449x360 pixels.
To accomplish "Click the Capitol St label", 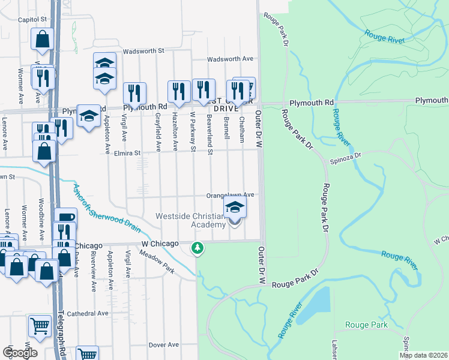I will [x=32, y=19].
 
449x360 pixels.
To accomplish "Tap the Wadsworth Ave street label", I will [x=231, y=59].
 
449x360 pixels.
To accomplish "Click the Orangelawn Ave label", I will [x=231, y=195].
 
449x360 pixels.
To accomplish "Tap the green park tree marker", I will [x=197, y=247].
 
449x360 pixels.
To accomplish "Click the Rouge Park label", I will [x=366, y=325].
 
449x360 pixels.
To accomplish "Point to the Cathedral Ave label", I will [x=87, y=313].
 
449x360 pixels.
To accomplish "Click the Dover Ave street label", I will [x=164, y=345].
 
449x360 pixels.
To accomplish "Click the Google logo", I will [x=20, y=352].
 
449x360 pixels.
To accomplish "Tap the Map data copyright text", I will [x=423, y=355].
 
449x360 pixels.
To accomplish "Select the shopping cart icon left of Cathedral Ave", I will [x=40, y=326].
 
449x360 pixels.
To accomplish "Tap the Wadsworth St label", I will [x=143, y=52].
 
